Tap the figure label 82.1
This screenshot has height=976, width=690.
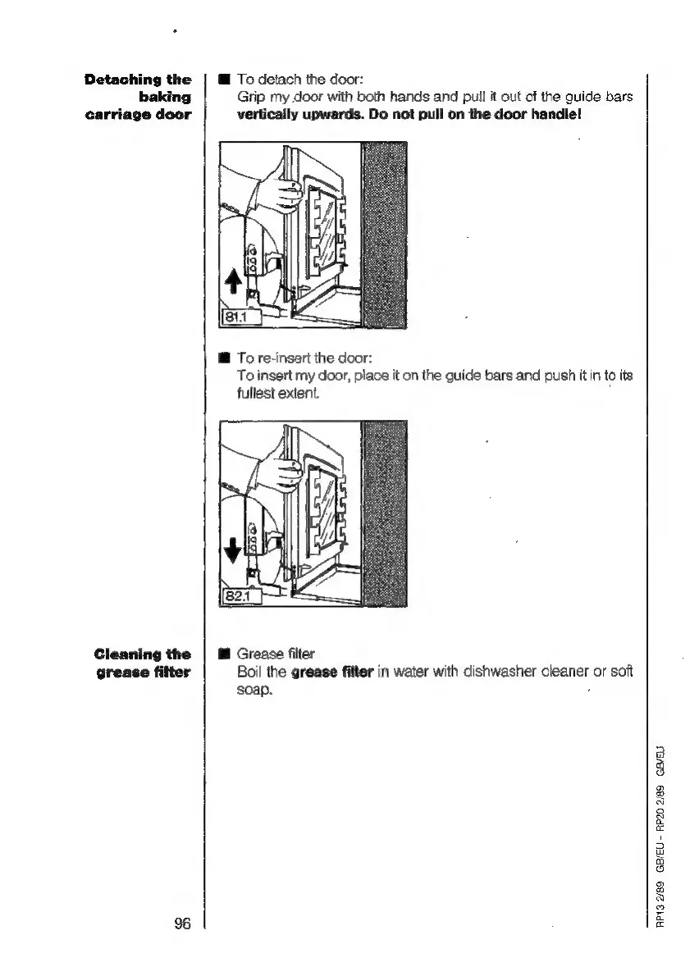236,594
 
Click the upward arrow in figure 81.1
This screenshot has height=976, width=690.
232,282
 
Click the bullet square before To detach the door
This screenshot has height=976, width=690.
222,80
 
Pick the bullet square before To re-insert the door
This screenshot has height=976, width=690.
222,358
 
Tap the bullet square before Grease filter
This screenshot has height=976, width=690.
222,654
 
